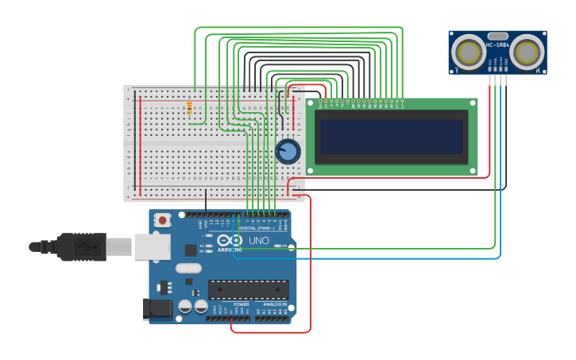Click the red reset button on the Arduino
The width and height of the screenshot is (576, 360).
point(163,220)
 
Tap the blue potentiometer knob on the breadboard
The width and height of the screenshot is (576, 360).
point(288,151)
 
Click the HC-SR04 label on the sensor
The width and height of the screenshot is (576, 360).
point(497,46)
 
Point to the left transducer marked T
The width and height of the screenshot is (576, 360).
point(468,52)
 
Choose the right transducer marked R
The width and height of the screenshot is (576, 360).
point(528,52)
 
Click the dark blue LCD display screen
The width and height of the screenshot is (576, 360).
point(391,137)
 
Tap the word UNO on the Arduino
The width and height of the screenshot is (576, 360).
point(260,241)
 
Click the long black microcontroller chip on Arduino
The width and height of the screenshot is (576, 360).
point(248,289)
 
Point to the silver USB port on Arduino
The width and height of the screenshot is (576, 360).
point(152,247)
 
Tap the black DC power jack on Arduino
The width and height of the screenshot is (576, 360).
point(157,308)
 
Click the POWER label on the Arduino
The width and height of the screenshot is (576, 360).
point(242,304)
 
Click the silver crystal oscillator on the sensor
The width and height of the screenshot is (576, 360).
point(498,36)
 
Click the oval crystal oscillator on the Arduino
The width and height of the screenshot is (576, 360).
point(188,269)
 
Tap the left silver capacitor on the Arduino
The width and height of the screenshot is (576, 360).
point(185,306)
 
